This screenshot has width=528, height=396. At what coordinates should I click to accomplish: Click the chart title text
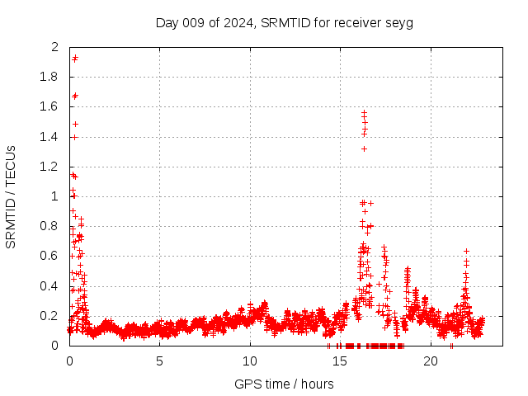[284, 22]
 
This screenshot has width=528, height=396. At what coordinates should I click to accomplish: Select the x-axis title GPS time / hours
[284, 384]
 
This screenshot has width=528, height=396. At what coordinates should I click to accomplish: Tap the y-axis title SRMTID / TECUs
[11, 196]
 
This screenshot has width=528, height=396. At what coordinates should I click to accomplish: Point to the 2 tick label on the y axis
[55, 47]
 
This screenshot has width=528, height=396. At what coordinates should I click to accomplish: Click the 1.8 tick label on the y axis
[50, 77]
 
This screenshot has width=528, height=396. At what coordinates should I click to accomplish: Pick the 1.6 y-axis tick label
[50, 106]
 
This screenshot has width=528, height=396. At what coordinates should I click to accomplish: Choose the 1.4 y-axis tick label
[50, 136]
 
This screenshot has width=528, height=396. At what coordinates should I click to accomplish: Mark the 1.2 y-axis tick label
[50, 167]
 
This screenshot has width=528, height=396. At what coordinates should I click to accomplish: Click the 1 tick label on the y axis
[55, 196]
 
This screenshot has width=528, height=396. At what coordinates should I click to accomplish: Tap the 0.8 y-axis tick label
[50, 226]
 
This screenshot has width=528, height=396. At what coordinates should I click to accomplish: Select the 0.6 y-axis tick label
[50, 256]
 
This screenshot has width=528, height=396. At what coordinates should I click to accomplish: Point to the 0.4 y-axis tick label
[50, 286]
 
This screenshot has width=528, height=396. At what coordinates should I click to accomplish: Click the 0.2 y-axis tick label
[50, 316]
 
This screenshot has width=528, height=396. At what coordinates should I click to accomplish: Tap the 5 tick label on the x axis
[159, 361]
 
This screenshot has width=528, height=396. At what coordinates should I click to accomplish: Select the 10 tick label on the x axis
[250, 361]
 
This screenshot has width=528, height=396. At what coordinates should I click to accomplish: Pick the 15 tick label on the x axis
[340, 361]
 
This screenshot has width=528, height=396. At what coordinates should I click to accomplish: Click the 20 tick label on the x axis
[431, 361]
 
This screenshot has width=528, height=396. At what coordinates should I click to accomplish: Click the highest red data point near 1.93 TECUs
[75, 58]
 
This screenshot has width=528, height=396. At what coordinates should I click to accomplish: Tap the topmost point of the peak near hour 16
[364, 112]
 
